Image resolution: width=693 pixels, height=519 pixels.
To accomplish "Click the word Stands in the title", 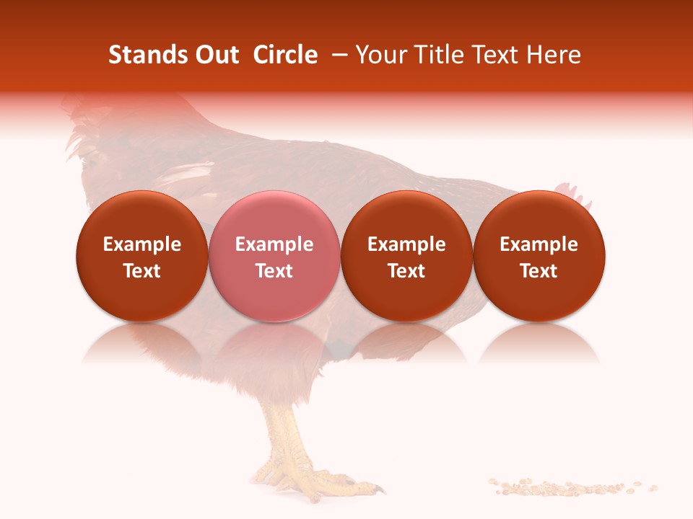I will click(x=147, y=55).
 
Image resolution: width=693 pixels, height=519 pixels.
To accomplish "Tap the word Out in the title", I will click(x=215, y=55).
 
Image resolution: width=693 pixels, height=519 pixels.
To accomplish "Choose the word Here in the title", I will click(x=552, y=55).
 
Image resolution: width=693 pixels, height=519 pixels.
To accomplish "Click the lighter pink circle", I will click(x=274, y=256).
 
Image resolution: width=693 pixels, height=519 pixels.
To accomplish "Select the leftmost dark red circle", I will click(x=142, y=256).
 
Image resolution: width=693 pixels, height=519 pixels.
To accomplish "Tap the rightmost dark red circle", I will click(x=539, y=256).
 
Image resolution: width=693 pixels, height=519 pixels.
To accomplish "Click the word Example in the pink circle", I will click(x=274, y=244).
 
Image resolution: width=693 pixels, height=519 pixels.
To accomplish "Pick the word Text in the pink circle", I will click(x=274, y=271).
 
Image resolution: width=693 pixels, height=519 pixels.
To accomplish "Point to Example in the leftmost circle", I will click(x=142, y=244).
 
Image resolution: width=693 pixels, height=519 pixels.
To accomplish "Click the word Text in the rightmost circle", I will click(x=539, y=271).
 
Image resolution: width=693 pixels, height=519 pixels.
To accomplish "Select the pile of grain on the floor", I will click(x=570, y=487).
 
